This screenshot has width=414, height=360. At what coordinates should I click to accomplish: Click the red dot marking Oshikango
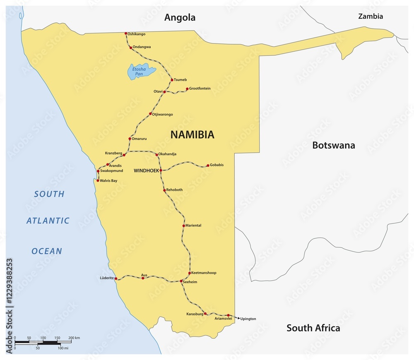click(x=126, y=34)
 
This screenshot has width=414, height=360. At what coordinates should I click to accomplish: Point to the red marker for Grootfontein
click(x=187, y=89)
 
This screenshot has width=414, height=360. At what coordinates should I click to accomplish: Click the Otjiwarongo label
click(x=163, y=114)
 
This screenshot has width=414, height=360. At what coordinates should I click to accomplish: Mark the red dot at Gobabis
click(x=208, y=166)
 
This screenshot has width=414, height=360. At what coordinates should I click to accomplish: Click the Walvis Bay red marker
click(x=98, y=180)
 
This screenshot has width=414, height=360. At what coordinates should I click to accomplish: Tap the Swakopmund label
click(x=111, y=170)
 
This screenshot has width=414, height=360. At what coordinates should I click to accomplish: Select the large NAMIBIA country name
click(x=193, y=134)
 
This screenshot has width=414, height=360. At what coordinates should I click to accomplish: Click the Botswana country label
click(x=333, y=145)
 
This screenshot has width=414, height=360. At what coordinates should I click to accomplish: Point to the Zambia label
click(x=371, y=17)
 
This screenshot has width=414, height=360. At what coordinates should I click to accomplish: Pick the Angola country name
click(x=180, y=17)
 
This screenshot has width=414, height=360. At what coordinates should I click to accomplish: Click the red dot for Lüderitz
click(x=116, y=278)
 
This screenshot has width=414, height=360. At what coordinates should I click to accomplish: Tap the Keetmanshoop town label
click(x=204, y=273)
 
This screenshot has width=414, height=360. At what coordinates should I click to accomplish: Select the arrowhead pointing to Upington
click(x=238, y=318)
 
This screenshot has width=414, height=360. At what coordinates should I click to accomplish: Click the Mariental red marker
click(x=184, y=226)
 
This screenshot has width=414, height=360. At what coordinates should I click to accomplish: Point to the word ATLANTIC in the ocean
click(x=48, y=221)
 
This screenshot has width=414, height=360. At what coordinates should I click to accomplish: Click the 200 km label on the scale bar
click(x=75, y=338)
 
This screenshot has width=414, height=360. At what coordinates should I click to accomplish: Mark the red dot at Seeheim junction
click(x=181, y=281)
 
